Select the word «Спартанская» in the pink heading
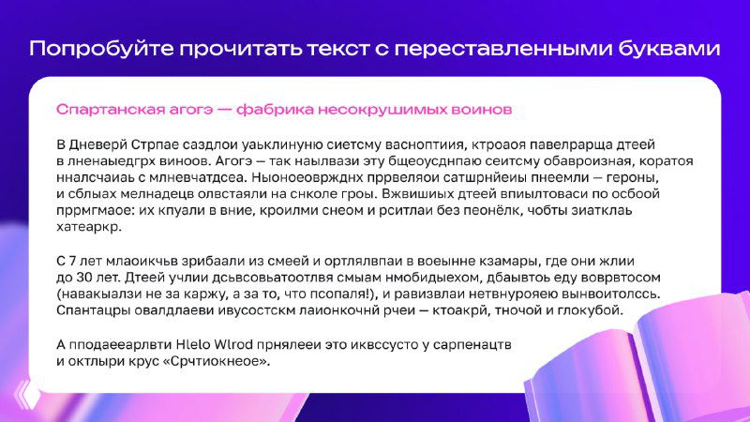tap(106, 110)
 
